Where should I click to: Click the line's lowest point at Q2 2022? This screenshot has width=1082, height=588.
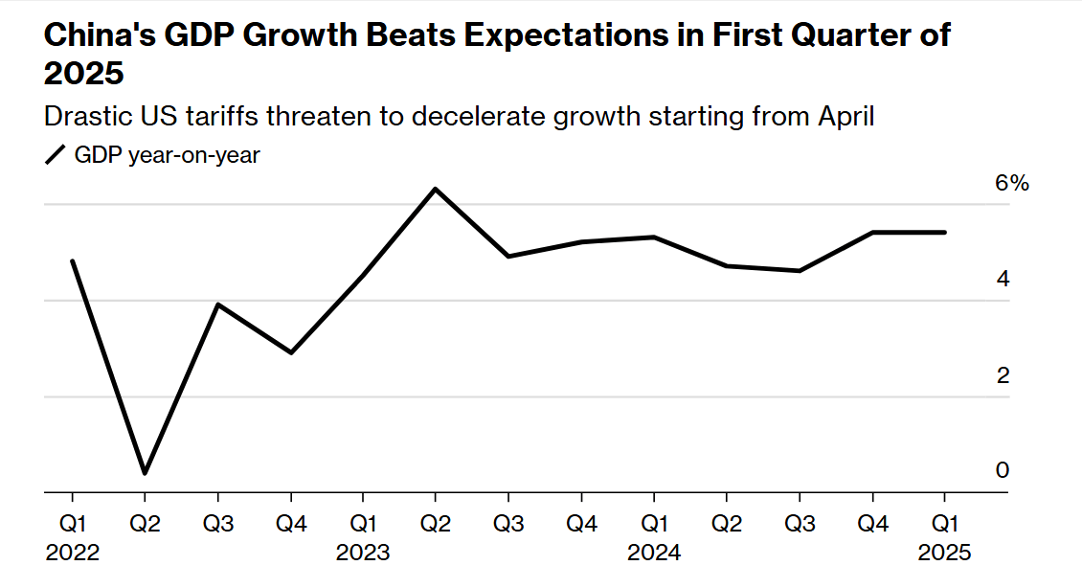pos(145,473)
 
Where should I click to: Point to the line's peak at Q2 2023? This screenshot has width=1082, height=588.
pos(436,189)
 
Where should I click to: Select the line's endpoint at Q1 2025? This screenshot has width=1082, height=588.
pos(945,232)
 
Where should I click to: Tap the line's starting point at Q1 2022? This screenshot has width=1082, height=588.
pos(72,260)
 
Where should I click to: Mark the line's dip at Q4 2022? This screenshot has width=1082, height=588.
pos(290,353)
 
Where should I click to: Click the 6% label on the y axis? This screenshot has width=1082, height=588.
pos(1011,183)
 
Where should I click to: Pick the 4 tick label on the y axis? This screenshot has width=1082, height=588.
pos(1003,279)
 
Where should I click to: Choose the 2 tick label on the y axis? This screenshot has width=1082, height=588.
pos(1003,375)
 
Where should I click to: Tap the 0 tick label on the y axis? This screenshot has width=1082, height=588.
pos(1003,470)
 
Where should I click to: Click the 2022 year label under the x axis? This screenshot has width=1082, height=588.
pos(72,554)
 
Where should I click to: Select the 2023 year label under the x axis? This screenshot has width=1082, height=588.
pos(363,554)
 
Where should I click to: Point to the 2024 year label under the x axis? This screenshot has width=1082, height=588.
pos(654,554)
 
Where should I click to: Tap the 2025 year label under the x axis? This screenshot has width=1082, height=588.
pos(945,554)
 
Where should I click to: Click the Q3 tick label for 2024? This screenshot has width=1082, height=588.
pos(800,524)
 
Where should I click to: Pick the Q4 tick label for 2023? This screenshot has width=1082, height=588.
pos(581,524)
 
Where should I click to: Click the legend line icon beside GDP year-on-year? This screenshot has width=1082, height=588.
pos(56,155)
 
